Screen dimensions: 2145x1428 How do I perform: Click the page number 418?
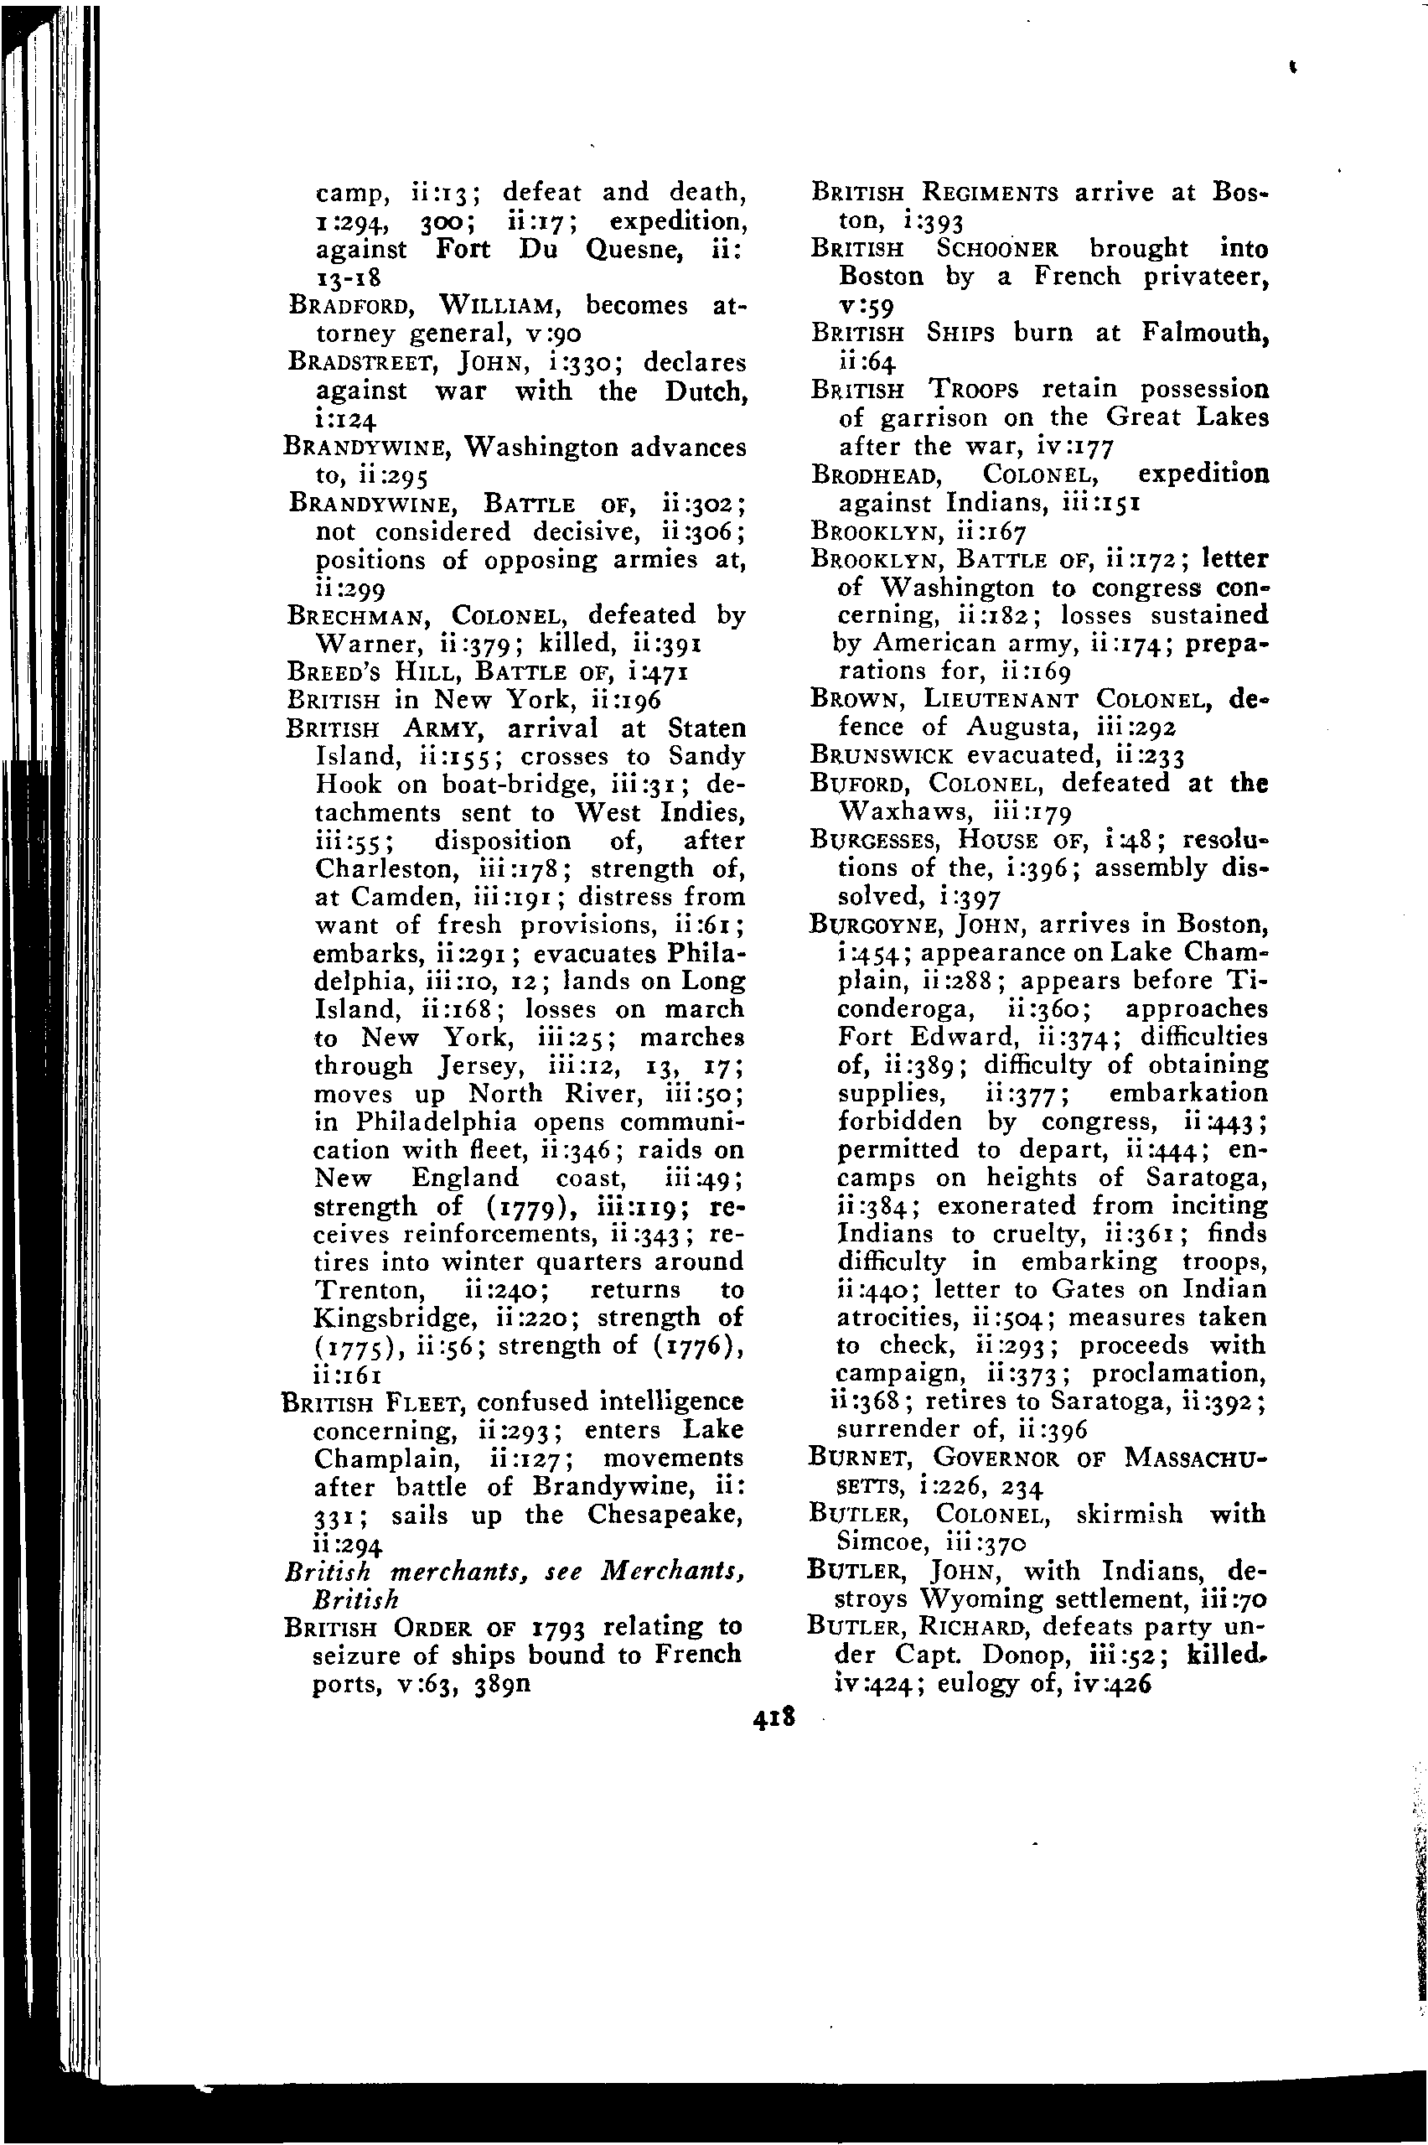click(774, 1717)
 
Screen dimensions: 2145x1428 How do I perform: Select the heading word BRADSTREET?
click(360, 361)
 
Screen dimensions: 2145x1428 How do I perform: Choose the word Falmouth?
click(1204, 333)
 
